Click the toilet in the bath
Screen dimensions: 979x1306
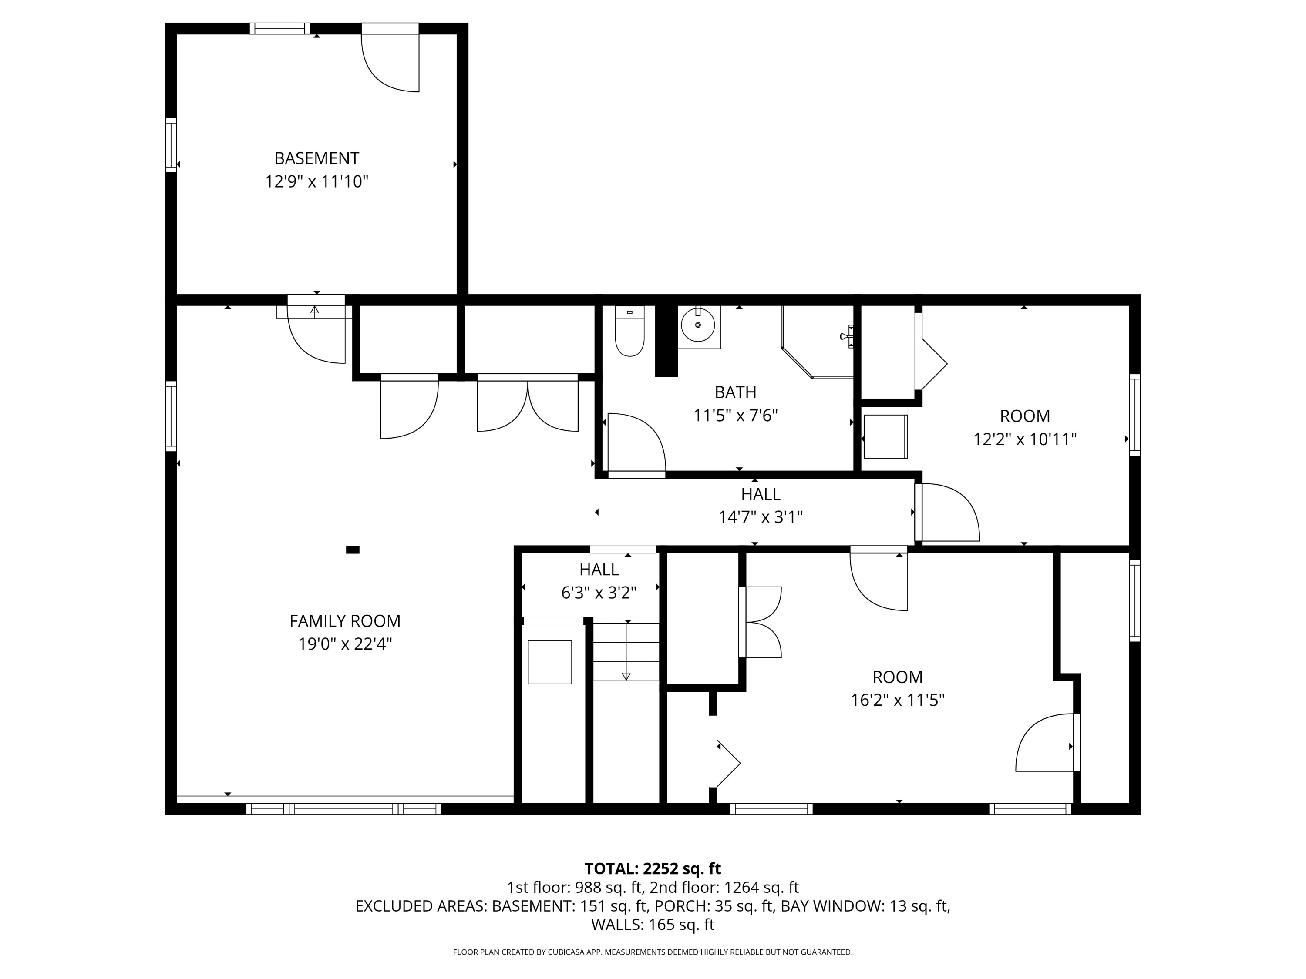click(629, 332)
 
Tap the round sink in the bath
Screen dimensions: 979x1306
click(698, 325)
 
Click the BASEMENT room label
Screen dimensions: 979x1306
click(316, 158)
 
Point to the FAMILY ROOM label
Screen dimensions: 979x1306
click(345, 621)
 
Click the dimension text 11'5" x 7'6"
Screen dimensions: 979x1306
click(735, 416)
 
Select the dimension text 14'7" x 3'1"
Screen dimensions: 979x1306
click(761, 517)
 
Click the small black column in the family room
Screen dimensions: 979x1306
click(353, 550)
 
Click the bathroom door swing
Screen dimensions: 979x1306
click(636, 443)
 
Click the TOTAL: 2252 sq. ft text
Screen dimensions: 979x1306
click(653, 868)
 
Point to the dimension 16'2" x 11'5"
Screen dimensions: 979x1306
click(897, 700)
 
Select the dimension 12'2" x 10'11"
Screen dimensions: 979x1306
click(1025, 439)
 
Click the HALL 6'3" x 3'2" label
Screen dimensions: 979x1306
click(599, 581)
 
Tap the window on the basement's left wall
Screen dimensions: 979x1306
click(171, 145)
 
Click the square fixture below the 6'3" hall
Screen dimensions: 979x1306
click(550, 662)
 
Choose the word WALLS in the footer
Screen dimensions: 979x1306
click(617, 925)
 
